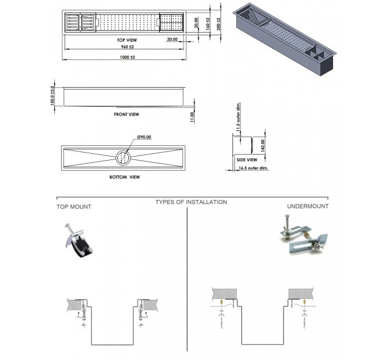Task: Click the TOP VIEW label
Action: point(127,40)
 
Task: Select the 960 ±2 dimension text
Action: point(127,47)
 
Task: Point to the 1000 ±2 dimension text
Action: point(127,57)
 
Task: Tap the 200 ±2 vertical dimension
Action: point(219,24)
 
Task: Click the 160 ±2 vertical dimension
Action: point(208,24)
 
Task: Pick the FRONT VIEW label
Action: point(126,114)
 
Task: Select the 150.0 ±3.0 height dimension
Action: point(53,95)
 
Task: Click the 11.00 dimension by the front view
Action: point(192,117)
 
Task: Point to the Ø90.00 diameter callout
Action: point(144,137)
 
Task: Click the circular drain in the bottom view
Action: point(123,157)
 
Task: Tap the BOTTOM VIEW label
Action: point(125,177)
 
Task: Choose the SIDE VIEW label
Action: point(247,160)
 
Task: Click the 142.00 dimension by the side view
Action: point(263,146)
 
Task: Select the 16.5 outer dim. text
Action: point(253,168)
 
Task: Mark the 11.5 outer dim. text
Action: point(238,117)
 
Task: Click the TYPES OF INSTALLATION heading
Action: point(191,202)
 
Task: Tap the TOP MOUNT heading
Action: point(74,207)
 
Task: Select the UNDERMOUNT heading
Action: point(308,206)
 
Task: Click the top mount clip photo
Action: point(78,241)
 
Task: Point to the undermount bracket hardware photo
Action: point(304,234)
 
